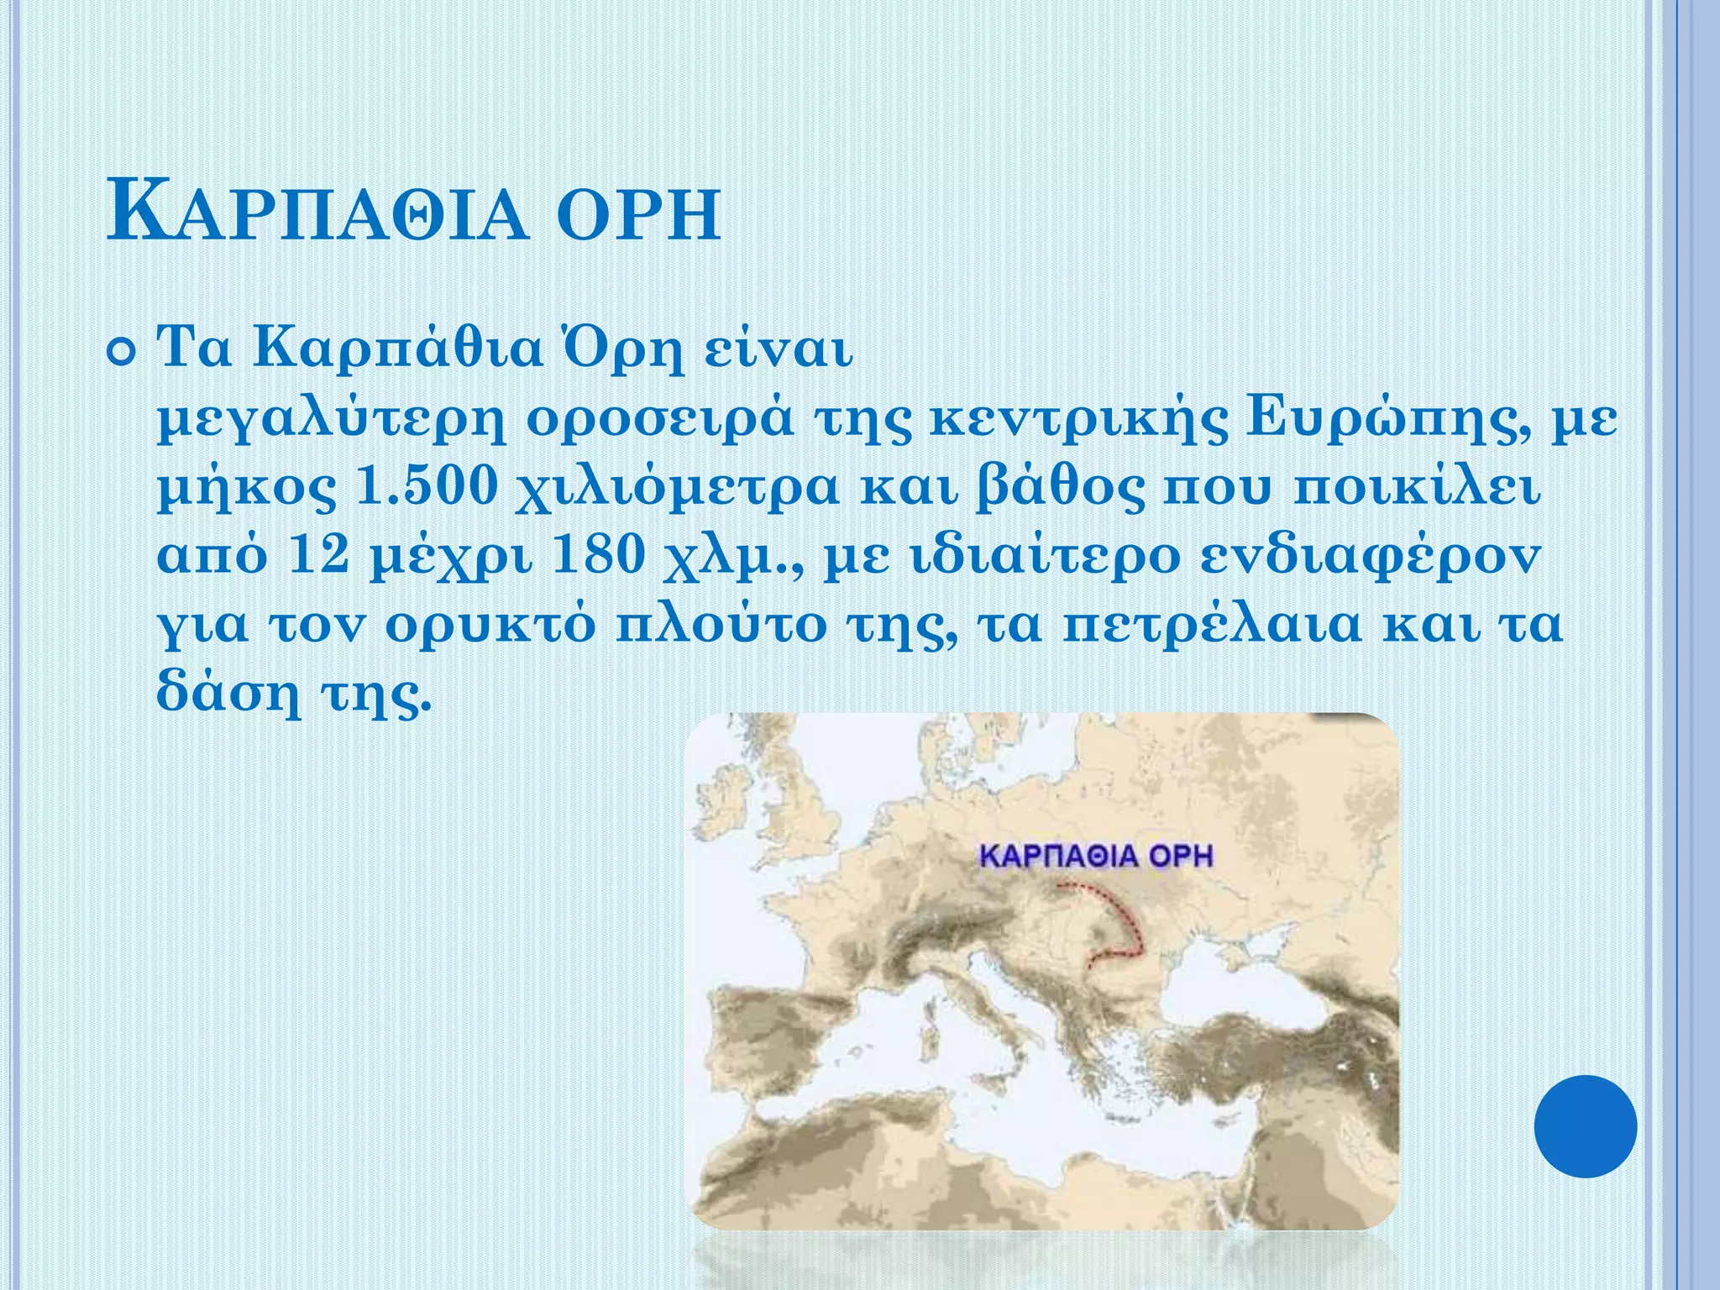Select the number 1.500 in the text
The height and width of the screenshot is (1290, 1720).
click(428, 487)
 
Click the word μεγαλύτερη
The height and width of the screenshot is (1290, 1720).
click(332, 420)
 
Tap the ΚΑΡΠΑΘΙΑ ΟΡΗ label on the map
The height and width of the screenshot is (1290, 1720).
click(1097, 857)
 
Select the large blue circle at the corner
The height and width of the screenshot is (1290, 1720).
click(1585, 1126)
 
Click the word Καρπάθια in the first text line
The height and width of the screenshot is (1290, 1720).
click(399, 349)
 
